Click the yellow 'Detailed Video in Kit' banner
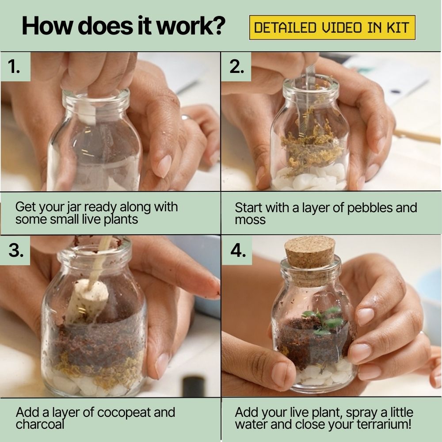[x=332, y=27]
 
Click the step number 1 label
[x=14, y=67]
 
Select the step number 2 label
[x=236, y=67]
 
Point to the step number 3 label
[x=16, y=250]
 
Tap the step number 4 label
[x=238, y=250]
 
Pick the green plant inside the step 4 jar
[x=324, y=320]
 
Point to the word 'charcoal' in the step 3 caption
[x=40, y=424]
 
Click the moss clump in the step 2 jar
[x=310, y=147]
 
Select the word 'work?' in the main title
[x=191, y=26]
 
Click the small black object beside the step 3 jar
[x=194, y=386]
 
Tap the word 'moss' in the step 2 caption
[x=250, y=220]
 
